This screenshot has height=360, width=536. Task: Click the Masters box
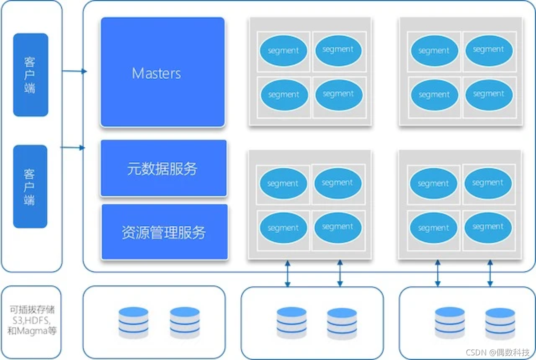163,72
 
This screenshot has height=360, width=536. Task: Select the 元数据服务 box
164,168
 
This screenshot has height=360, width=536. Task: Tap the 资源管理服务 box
165,232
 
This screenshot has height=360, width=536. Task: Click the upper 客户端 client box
31,75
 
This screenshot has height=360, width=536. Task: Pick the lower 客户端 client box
30,186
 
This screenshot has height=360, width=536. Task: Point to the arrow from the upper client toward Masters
75,71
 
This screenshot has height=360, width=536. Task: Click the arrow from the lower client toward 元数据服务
73,148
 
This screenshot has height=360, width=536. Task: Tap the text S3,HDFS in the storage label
31,320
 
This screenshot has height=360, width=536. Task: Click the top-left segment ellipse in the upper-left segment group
283,51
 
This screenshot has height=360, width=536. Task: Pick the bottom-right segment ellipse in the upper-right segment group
489,95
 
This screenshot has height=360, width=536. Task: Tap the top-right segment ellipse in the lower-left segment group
338,183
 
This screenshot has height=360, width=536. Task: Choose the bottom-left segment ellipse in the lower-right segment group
433,228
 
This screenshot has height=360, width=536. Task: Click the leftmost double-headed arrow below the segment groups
288,273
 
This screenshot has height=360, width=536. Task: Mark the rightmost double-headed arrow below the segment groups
490,273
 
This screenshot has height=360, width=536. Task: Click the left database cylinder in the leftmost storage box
134,323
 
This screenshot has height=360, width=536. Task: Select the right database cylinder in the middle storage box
342,324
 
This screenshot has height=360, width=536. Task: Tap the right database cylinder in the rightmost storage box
500,324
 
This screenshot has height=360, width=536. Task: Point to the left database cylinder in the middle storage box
291,323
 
